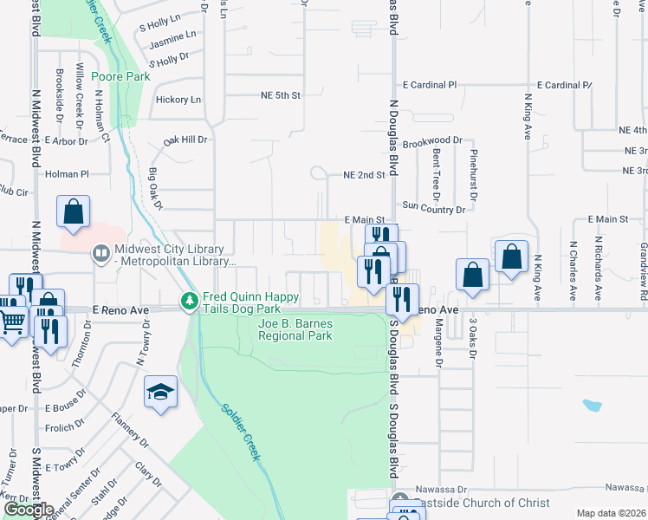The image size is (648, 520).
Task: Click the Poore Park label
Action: coord(120,76)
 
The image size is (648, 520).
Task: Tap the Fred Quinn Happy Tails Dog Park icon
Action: coord(190,302)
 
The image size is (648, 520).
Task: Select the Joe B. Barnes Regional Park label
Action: coord(295,329)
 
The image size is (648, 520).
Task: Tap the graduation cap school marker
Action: coord(161,393)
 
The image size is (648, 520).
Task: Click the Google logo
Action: coord(28,510)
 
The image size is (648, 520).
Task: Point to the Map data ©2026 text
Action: coord(611,513)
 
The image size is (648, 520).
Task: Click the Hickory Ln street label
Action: coord(178,100)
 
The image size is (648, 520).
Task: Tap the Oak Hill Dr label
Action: coord(186,139)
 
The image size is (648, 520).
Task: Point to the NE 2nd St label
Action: coord(364,174)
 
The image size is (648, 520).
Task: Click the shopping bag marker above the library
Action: coord(74,211)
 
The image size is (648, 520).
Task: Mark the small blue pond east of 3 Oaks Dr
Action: coord(593,405)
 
